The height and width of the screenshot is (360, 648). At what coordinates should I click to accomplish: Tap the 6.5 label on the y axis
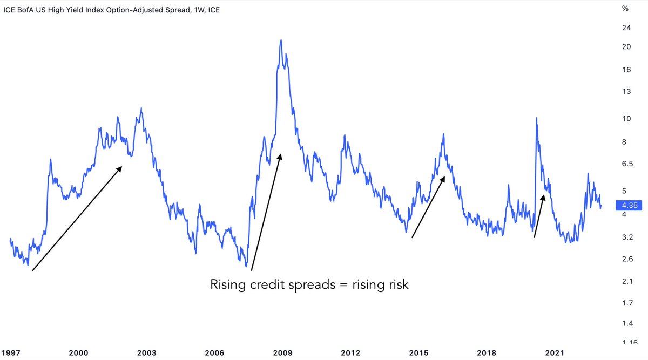pos(627,163)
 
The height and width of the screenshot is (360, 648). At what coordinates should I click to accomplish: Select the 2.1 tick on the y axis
pos(627,281)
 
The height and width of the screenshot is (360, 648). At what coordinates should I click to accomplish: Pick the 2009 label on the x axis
pos(283,353)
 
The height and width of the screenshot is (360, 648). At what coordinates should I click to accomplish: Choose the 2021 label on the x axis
pos(556,353)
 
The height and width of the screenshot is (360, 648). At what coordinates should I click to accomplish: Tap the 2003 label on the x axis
pos(147,353)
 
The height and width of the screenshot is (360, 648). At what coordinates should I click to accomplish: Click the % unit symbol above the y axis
pos(626,8)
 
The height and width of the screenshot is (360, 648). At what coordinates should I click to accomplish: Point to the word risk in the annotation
pos(397,284)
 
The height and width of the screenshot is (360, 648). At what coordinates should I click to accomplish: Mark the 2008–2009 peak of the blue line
pos(281,40)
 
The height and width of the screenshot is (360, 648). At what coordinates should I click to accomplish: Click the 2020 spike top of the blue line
pos(536,118)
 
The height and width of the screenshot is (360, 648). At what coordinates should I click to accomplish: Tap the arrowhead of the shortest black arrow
pos(543,196)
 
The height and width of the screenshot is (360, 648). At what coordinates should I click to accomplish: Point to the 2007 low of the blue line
pos(246,266)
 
